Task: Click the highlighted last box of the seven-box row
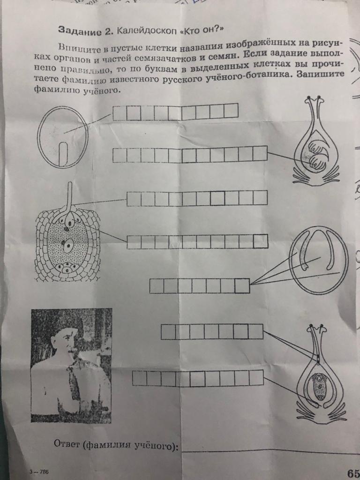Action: pyautogui.click(x=242, y=286)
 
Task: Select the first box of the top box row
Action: pyautogui.click(x=120, y=113)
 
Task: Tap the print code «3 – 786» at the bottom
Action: pyautogui.click(x=39, y=472)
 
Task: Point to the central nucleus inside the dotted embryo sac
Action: pyautogui.click(x=68, y=245)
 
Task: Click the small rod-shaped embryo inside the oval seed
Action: pyautogui.click(x=63, y=153)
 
